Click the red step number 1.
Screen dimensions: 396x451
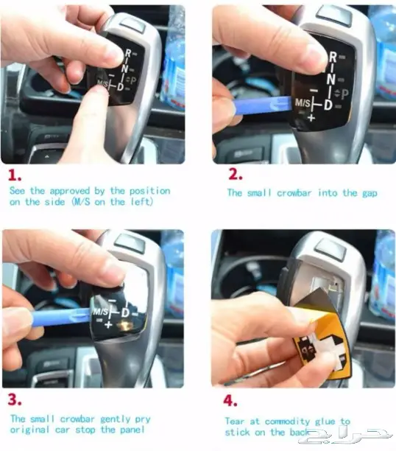click(x=15, y=175)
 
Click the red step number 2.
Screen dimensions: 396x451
click(x=236, y=175)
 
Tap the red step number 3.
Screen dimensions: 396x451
click(x=15, y=399)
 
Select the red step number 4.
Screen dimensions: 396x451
click(x=230, y=400)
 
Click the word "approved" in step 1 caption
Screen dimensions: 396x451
click(x=70, y=192)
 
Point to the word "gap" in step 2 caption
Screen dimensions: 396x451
click(x=370, y=193)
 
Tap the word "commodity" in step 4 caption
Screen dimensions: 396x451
click(x=287, y=422)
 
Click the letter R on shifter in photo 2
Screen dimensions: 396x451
click(x=333, y=57)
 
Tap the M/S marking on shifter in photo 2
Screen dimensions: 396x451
click(x=303, y=102)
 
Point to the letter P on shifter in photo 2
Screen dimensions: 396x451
click(x=345, y=94)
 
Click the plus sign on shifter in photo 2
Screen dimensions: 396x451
click(x=311, y=118)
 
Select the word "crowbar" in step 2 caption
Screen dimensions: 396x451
click(x=294, y=193)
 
